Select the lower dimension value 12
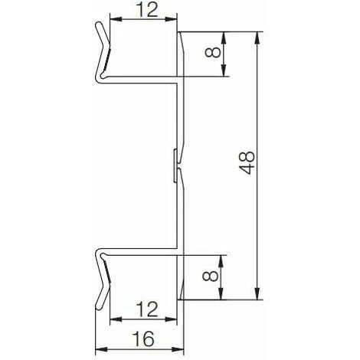pos(145,309)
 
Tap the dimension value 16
pos(145,338)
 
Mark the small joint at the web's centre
pos(177,165)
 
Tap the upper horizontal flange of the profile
pos(142,78)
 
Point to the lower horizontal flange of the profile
pos(142,250)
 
